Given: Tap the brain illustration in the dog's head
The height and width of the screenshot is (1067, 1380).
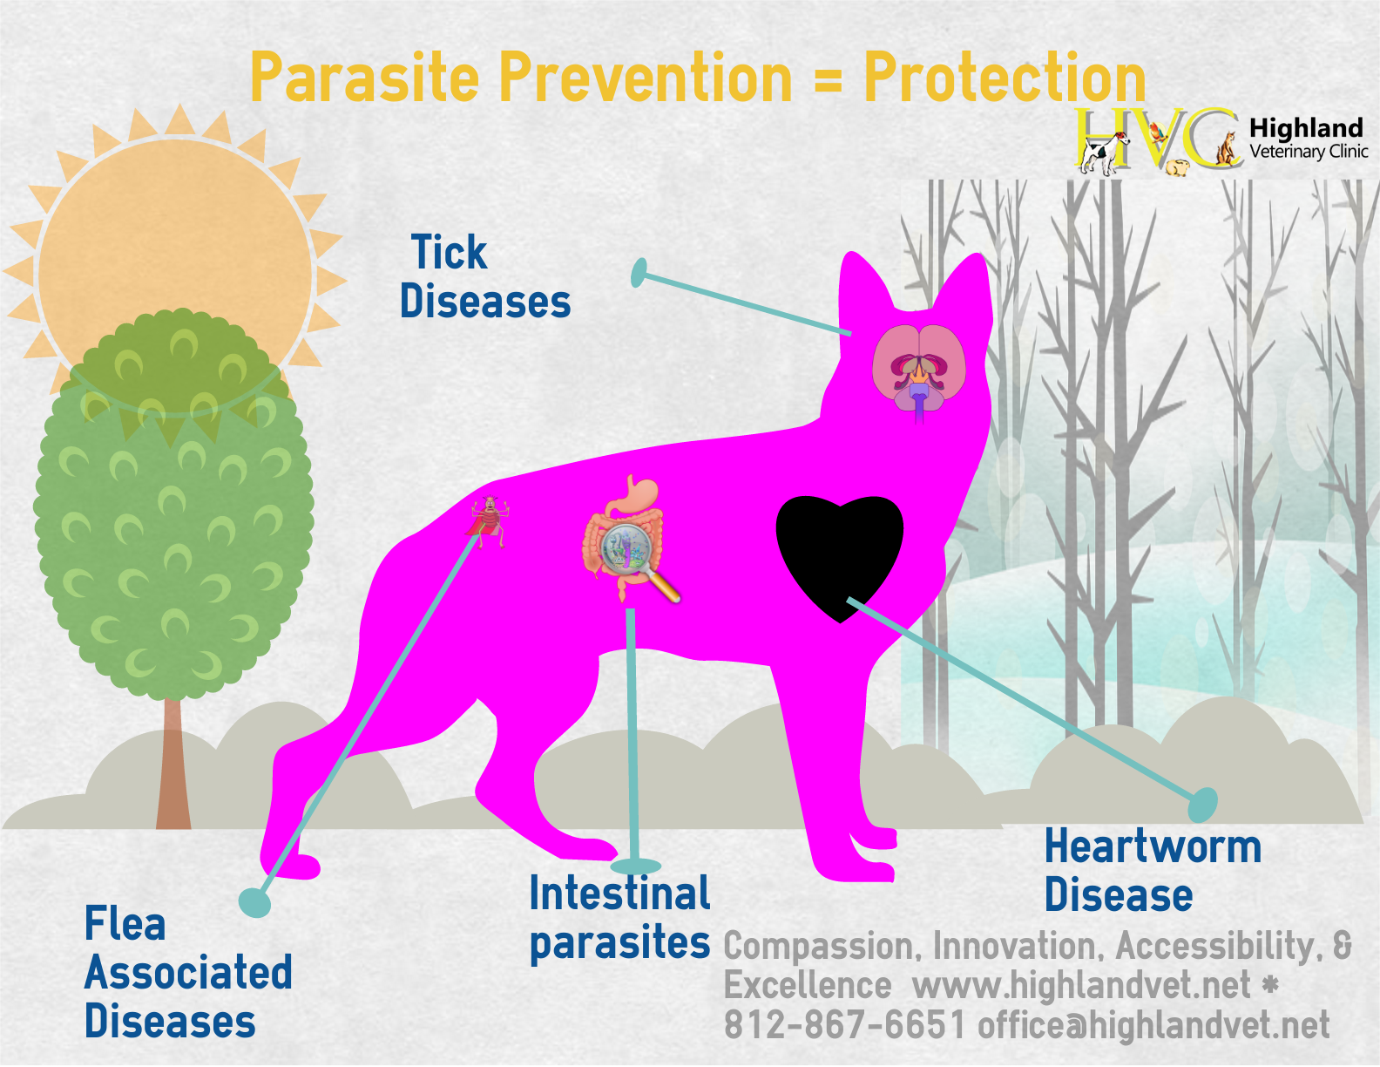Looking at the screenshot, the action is click(919, 371).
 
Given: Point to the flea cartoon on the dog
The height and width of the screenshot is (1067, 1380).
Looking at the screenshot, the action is click(489, 521).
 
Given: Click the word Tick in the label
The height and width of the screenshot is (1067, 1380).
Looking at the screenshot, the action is click(449, 252).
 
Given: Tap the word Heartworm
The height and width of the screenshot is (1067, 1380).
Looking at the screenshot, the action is click(1153, 846).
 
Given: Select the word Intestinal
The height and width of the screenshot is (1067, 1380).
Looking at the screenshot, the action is click(619, 893).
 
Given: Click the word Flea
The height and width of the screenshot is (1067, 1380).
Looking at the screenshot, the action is click(125, 923).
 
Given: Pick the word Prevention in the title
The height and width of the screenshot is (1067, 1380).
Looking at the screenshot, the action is click(646, 78).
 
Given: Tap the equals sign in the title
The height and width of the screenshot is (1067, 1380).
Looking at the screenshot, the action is click(828, 81).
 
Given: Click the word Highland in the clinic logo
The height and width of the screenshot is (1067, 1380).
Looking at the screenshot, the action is click(1306, 128).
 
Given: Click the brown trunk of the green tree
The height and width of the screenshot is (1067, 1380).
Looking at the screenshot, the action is click(173, 764).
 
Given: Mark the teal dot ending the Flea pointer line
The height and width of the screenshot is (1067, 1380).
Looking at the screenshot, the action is click(254, 902).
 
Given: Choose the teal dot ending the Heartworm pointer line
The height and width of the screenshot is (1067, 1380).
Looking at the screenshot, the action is click(1203, 805).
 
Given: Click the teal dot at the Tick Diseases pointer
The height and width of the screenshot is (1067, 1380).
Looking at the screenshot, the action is click(639, 273).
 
